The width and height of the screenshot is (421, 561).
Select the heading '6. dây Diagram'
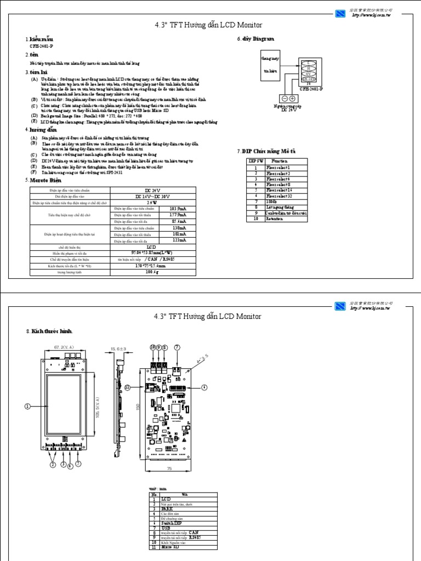[x=255, y=39]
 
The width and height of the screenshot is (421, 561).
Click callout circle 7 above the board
[x=177, y=347]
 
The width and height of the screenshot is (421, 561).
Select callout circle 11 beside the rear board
[x=128, y=387]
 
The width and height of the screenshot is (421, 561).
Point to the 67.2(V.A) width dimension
[x=65, y=347]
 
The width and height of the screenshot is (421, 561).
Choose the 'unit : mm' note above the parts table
[x=157, y=486]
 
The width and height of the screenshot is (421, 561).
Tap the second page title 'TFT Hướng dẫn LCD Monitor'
[x=208, y=316]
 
